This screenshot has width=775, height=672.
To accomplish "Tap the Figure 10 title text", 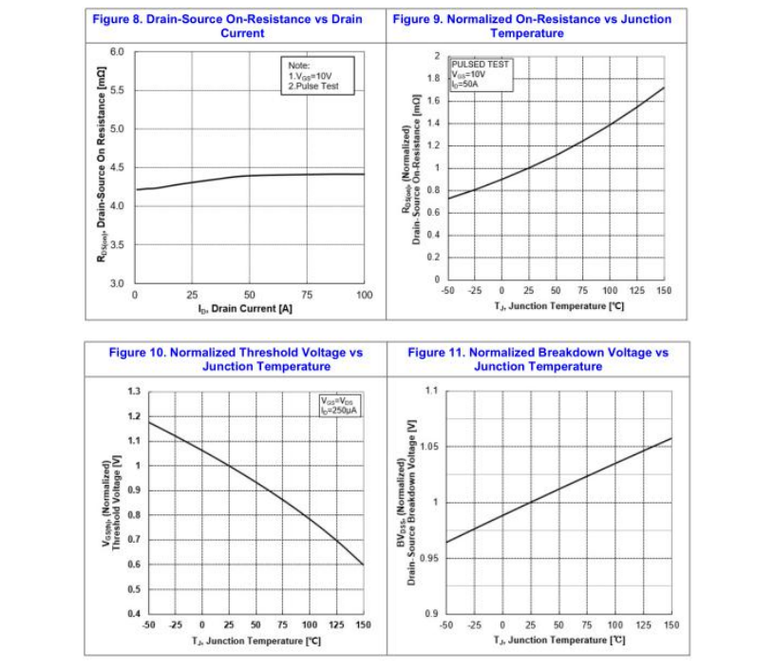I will pos(236,359).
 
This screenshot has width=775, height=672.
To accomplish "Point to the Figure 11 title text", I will pos(538,359).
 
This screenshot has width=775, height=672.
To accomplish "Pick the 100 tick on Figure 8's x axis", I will pos(364,296).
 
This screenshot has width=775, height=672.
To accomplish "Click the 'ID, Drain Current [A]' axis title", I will pos(243,309).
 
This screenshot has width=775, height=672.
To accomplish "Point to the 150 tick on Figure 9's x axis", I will pos(663,291).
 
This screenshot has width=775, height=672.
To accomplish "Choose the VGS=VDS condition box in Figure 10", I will pos(340,405).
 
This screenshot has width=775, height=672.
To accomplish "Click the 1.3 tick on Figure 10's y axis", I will pos(133,392).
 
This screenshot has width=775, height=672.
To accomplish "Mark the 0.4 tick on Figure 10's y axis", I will pos(133,614).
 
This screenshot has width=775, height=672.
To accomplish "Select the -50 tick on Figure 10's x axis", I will pos(148,625).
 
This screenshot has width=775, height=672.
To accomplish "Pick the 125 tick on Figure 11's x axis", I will pos(644,625).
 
